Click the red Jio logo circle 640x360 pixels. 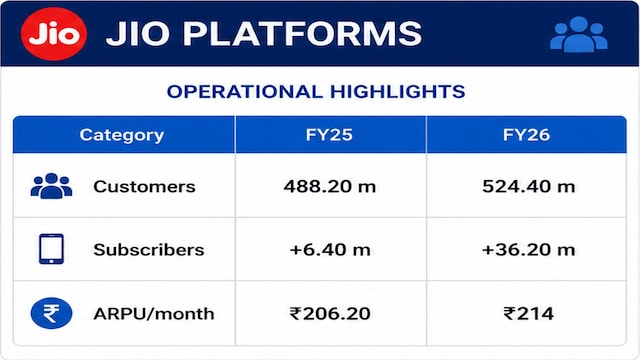[54, 34]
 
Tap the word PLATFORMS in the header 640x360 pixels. [302, 33]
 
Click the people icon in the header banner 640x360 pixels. [579, 34]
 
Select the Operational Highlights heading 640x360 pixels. [316, 91]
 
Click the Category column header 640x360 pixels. [122, 135]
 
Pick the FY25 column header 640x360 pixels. [329, 135]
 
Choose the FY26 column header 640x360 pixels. [526, 135]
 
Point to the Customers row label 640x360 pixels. [144, 187]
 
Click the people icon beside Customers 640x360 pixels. [51, 186]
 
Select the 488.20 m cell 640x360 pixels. [329, 187]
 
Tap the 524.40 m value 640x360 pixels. [529, 187]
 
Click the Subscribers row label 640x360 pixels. [149, 250]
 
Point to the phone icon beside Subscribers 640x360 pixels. [51, 249]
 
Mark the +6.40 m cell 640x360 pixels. [330, 250]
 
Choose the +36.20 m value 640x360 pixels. [528, 250]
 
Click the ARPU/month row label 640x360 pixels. [153, 314]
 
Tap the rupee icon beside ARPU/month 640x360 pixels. [51, 313]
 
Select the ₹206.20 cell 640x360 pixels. [330, 313]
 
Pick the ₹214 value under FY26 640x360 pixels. [528, 313]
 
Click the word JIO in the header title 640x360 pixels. [138, 33]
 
